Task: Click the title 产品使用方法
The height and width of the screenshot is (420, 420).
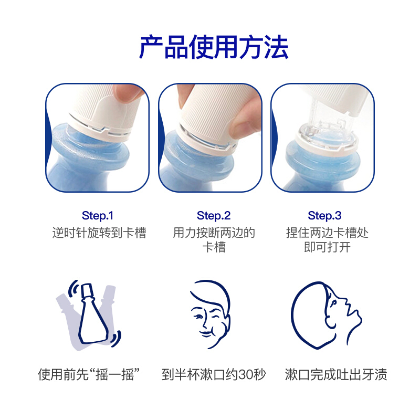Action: tap(214, 47)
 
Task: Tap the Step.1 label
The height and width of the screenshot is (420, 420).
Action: tap(98, 216)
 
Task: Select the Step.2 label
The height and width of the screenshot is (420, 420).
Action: tap(214, 216)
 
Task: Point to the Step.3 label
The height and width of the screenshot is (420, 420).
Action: tap(324, 216)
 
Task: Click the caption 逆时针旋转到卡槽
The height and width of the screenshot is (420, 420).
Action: tap(99, 233)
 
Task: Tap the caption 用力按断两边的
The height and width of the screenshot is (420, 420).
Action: tap(214, 233)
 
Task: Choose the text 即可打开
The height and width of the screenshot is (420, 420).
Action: tap(327, 247)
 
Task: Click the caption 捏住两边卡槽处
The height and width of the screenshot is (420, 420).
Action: tap(327, 233)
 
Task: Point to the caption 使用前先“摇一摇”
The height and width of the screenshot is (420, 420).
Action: tap(89, 374)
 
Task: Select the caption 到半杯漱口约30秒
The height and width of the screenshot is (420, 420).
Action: tap(214, 374)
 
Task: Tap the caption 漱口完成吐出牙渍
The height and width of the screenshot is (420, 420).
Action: tap(336, 374)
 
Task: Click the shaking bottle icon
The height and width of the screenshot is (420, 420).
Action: tap(88, 316)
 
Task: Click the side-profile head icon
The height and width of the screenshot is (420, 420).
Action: tap(326, 316)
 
